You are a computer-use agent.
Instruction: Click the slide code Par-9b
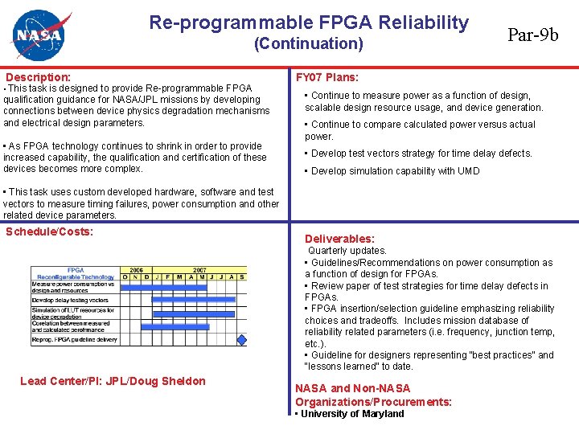(532, 35)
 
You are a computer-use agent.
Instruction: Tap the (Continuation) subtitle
(308, 44)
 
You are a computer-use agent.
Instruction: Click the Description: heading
(38, 77)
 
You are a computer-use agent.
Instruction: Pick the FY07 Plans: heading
(327, 78)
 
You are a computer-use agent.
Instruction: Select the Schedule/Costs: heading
(49, 231)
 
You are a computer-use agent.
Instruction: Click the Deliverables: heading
(339, 239)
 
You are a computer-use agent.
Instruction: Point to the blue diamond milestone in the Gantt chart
(240, 341)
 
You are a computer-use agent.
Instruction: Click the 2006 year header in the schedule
(137, 270)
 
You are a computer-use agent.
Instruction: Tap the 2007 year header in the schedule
(199, 270)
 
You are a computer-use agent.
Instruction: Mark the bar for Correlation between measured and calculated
(185, 326)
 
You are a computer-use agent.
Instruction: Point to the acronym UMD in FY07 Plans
(468, 170)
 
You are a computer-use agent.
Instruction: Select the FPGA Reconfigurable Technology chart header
(76, 273)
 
